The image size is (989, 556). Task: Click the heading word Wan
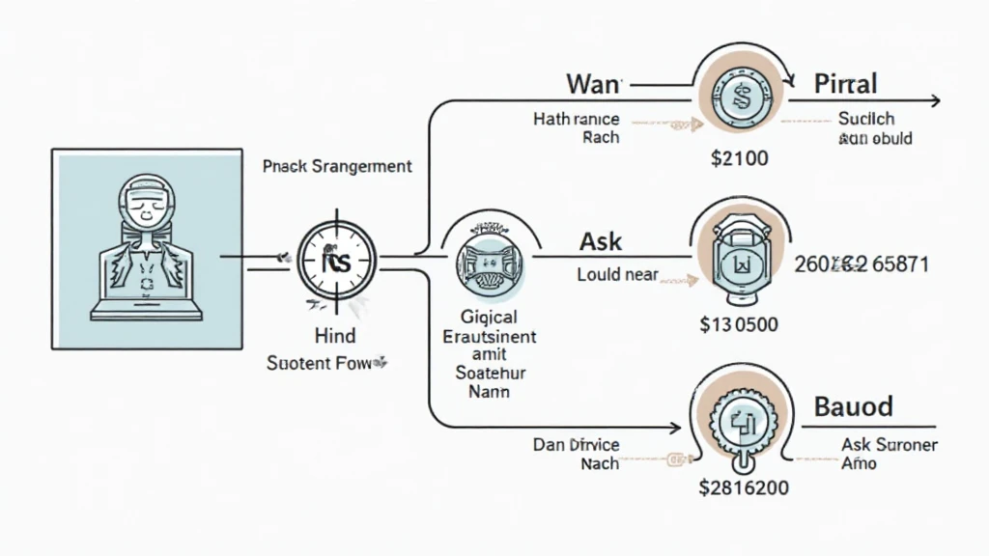592,84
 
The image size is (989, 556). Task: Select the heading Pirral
845,83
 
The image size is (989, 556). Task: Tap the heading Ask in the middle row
600,241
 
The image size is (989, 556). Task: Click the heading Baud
854,405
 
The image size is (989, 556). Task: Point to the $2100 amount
739,158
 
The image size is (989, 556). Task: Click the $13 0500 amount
738,324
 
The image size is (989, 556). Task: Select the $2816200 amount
743,487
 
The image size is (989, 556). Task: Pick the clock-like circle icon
335,261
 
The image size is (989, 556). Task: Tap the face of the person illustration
146,208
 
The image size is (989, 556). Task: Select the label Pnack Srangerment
337,166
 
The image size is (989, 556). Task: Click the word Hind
335,336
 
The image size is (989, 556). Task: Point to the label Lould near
617,274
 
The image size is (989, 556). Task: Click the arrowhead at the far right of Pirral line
934,100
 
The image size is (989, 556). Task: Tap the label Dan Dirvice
577,445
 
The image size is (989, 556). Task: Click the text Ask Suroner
890,445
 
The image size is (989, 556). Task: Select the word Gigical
489,318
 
